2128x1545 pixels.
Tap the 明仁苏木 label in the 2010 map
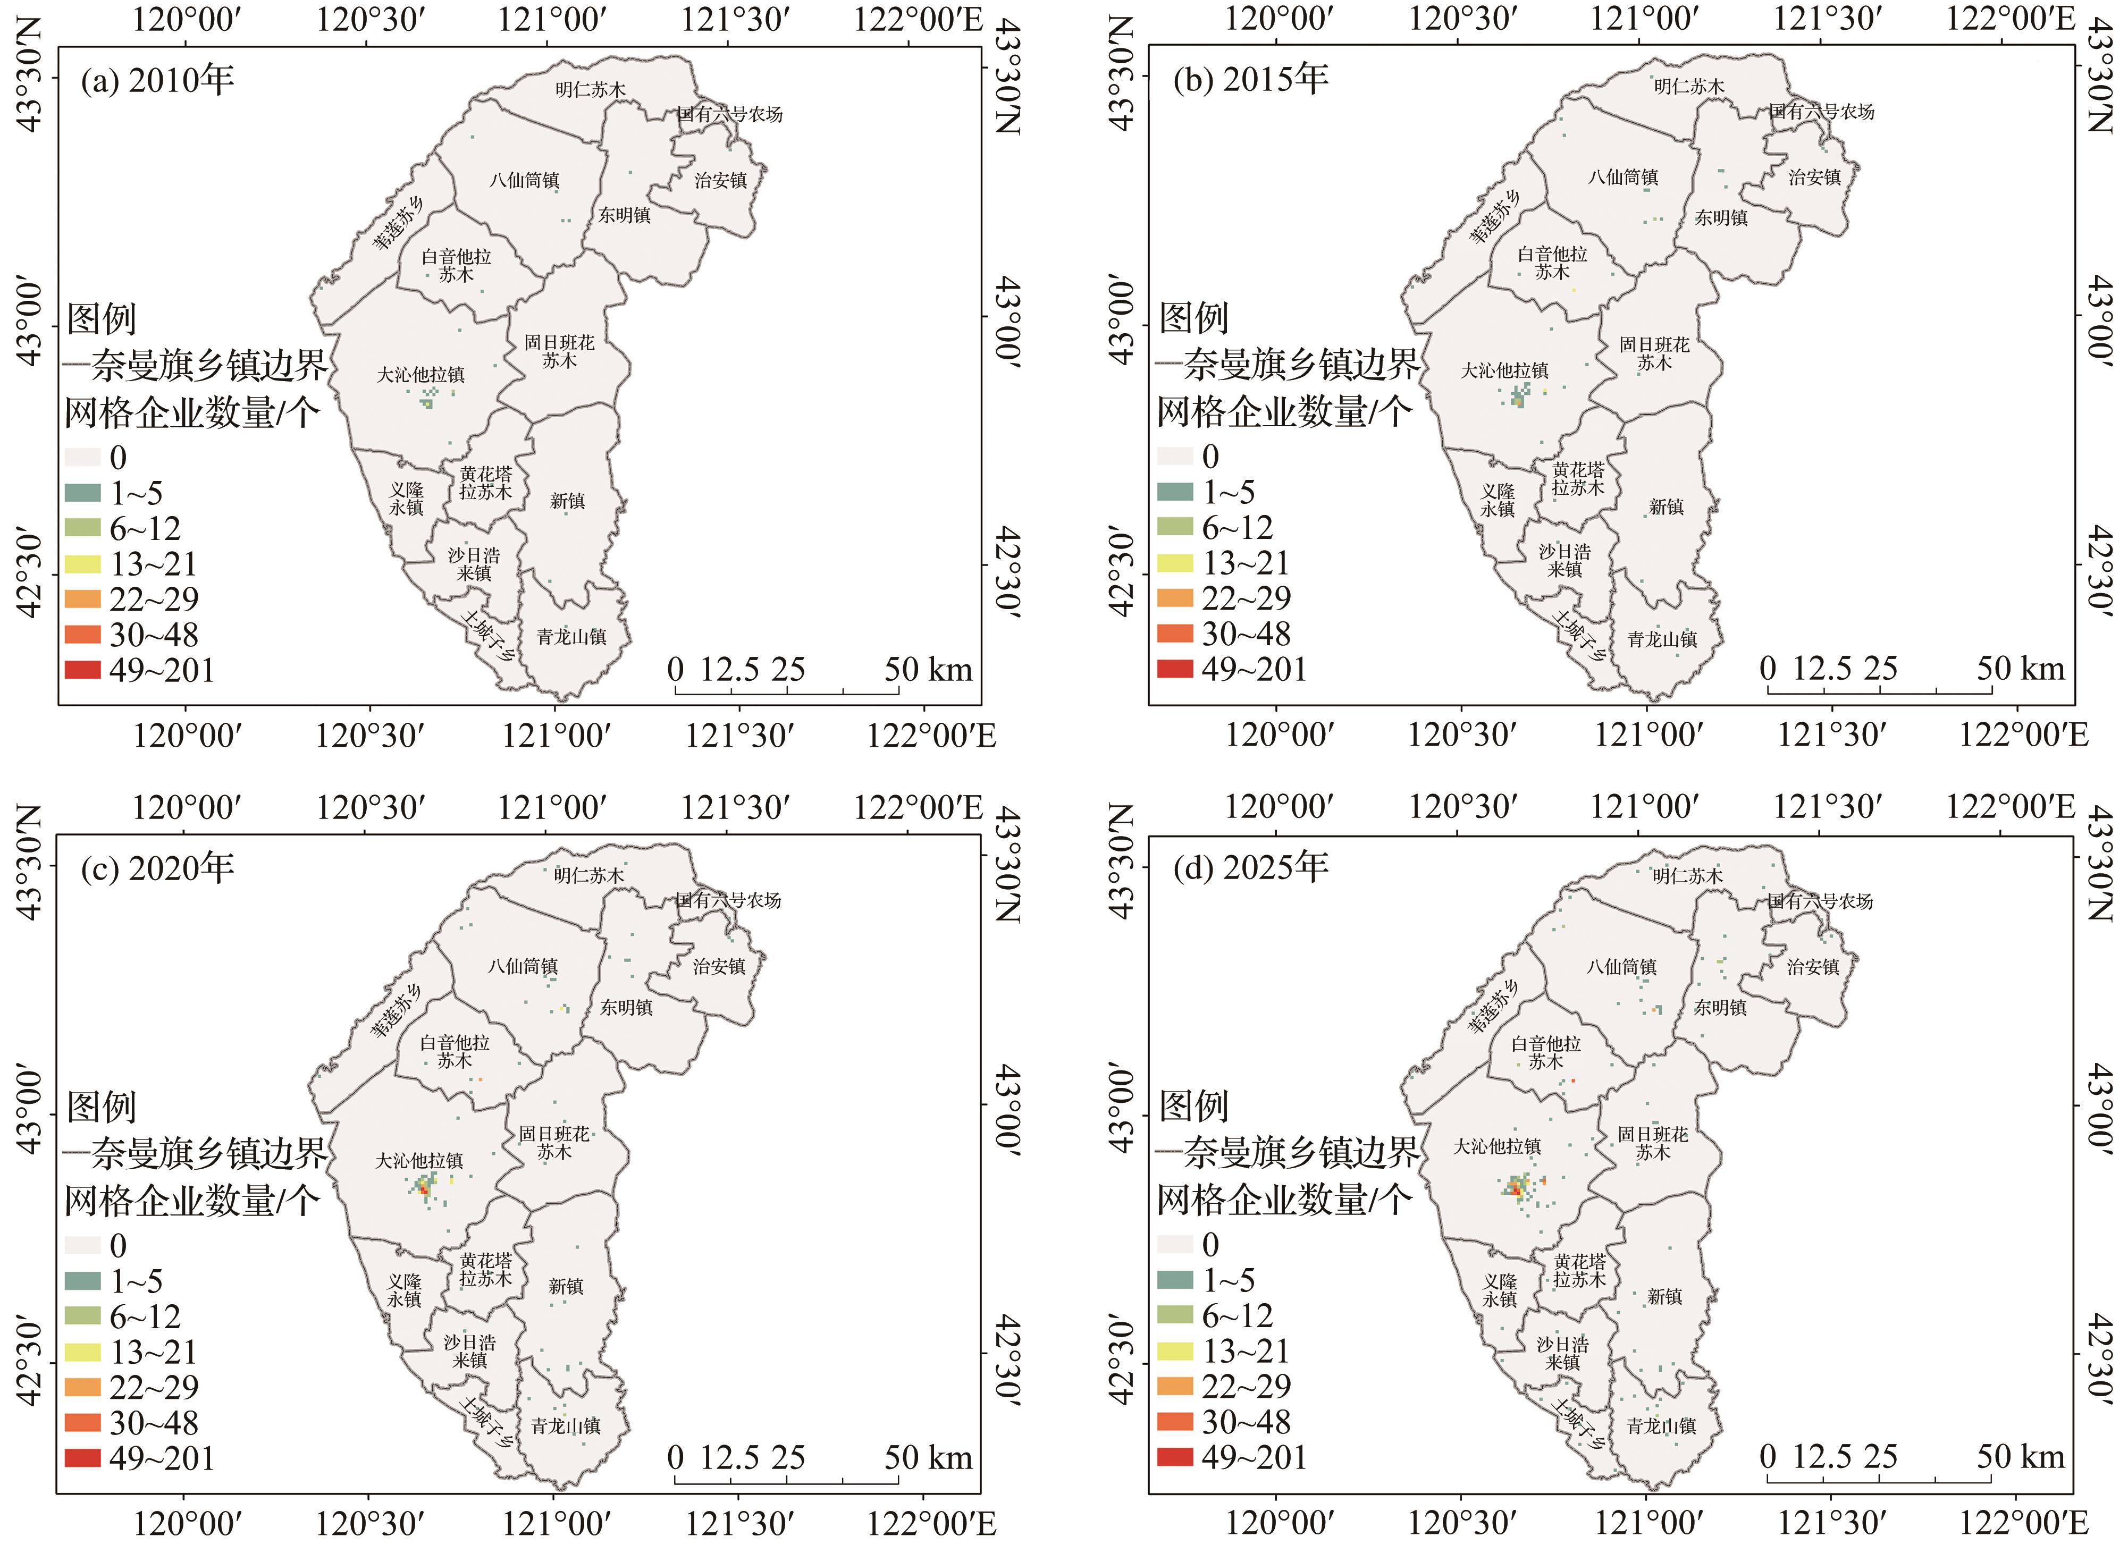pyautogui.click(x=589, y=90)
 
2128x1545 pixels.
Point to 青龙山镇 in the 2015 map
pyautogui.click(x=1662, y=640)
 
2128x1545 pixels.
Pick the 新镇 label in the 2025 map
pyautogui.click(x=1664, y=1296)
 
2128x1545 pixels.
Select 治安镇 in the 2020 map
pyautogui.click(x=719, y=966)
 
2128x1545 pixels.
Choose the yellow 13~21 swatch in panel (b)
pyautogui.click(x=1176, y=563)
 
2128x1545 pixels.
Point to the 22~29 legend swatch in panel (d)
pyautogui.click(x=1176, y=1387)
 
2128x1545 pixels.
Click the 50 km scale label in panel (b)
pyautogui.click(x=2020, y=669)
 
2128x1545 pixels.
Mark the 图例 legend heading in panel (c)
pyautogui.click(x=102, y=1107)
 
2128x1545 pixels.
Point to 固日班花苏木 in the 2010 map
pyautogui.click(x=559, y=351)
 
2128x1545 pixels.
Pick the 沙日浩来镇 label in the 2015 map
pyautogui.click(x=1564, y=560)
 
